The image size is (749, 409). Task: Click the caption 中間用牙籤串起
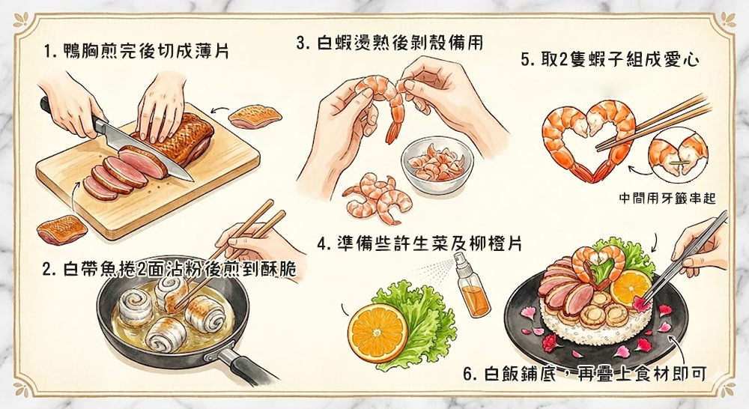pyautogui.click(x=667, y=199)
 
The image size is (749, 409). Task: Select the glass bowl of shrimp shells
pyautogui.click(x=434, y=165)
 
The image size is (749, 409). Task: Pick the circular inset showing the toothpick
pyautogui.click(x=678, y=156)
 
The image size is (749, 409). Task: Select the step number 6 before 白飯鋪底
pyautogui.click(x=467, y=374)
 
